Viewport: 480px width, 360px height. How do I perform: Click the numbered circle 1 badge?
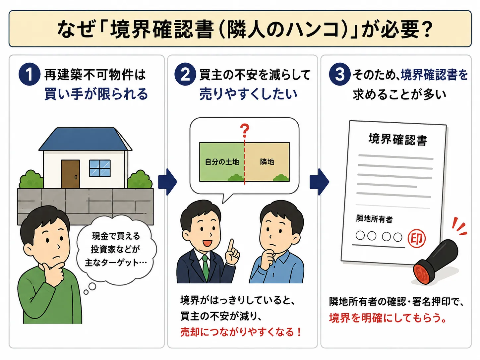pos(29,74)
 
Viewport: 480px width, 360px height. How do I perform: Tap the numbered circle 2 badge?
pos(185,74)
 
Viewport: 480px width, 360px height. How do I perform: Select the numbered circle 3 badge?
pos(339,74)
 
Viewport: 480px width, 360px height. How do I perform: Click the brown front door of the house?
pos(70,174)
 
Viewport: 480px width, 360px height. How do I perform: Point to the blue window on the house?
pos(100,168)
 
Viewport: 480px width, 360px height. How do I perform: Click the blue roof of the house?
pos(85,139)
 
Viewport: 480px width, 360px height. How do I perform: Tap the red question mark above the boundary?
pos(245,131)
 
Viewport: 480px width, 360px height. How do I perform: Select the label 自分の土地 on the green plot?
pos(222,162)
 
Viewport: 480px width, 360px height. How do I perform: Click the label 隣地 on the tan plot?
pos(267,162)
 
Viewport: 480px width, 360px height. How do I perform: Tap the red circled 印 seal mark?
pos(417,238)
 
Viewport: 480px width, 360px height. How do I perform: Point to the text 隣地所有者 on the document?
pos(374,219)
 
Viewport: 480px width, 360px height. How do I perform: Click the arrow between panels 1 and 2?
pos(167,182)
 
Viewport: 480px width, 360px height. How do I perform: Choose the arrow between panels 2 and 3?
pos(319,182)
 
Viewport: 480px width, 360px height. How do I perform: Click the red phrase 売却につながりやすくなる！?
pos(241,332)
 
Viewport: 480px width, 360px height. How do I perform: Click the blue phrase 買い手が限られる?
pos(96,94)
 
